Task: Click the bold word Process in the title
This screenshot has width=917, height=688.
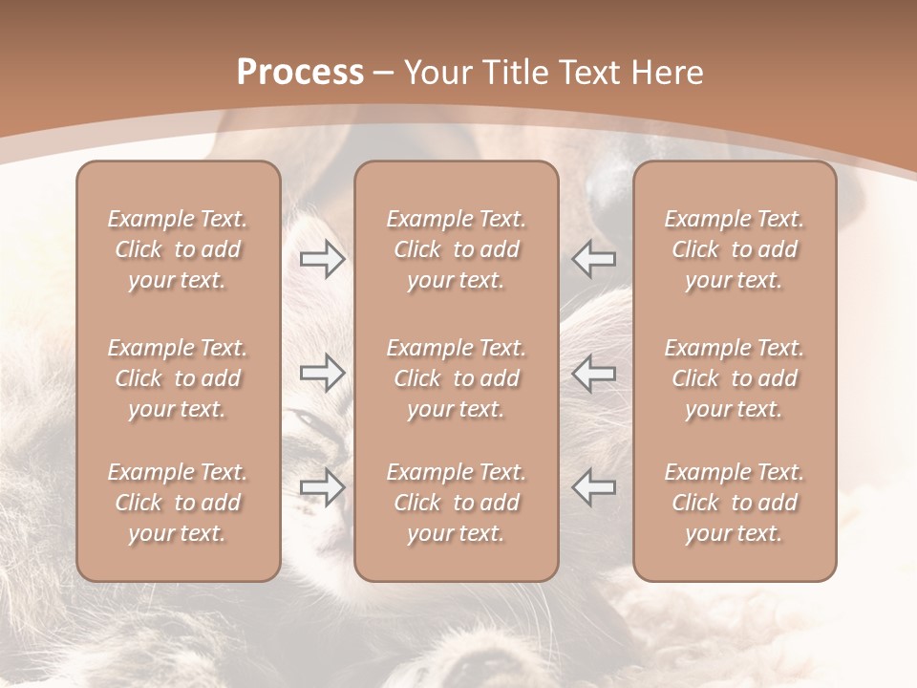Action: [300, 73]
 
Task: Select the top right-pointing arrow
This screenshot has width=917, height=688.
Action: [322, 259]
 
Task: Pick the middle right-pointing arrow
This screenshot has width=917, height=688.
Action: [322, 373]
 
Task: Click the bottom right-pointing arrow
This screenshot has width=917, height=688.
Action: [322, 487]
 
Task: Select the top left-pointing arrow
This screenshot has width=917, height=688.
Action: [594, 259]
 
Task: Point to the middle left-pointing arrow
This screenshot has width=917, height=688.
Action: [594, 373]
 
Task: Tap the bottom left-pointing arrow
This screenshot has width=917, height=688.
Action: [594, 487]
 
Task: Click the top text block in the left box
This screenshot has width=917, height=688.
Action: [178, 249]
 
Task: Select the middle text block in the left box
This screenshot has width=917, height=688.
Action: [178, 378]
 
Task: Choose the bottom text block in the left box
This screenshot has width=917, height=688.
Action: [178, 503]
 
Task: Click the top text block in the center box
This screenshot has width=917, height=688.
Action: [456, 249]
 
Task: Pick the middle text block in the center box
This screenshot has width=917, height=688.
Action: [456, 378]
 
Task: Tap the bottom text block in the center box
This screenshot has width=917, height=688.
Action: [456, 503]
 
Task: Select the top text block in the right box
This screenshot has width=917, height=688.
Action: [734, 249]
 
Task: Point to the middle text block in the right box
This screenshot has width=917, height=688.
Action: [734, 378]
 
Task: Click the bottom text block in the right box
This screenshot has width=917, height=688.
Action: [734, 503]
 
